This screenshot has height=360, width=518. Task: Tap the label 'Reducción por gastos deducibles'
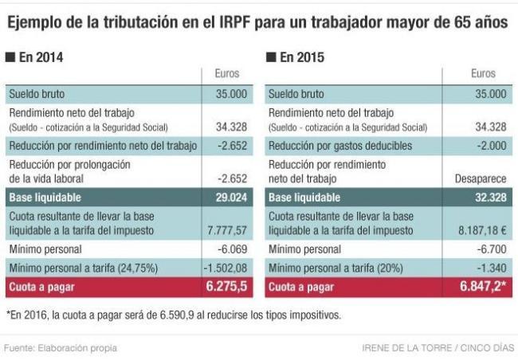(x=340, y=146)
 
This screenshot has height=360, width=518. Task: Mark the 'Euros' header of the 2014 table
(x=227, y=74)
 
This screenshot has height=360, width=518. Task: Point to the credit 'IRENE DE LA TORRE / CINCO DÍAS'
(x=438, y=348)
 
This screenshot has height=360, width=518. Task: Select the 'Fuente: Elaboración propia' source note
(x=61, y=348)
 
